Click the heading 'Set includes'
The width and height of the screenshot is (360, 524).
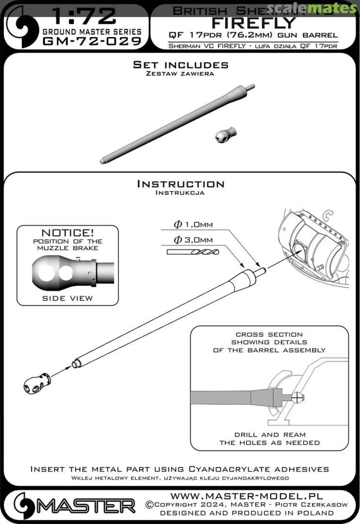click(x=180, y=65)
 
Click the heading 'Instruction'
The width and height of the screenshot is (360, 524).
click(x=180, y=184)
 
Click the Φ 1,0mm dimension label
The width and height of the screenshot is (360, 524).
click(x=193, y=224)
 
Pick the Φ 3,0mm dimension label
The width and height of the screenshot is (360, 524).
click(x=193, y=240)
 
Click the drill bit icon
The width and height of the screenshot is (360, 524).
click(x=193, y=252)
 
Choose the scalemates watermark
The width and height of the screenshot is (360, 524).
click(x=318, y=8)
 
